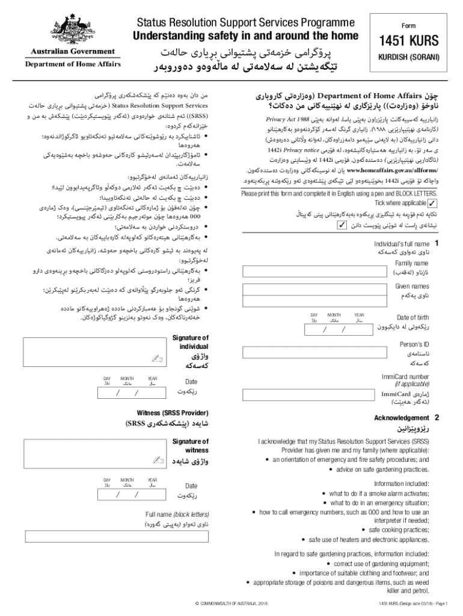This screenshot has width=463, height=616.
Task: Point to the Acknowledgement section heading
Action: (x=401, y=417)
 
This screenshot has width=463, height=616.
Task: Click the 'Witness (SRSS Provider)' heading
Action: (x=171, y=413)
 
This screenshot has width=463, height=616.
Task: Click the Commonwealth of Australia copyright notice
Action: (x=231, y=603)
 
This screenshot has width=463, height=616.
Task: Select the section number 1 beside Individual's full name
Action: (x=437, y=243)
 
